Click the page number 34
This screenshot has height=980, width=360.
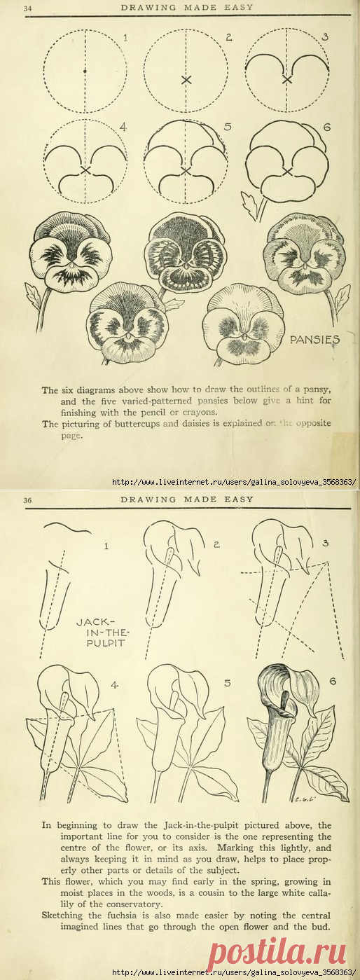point(9,8)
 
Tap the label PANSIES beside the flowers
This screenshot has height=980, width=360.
point(314,340)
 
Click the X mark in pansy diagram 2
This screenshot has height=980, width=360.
point(186,80)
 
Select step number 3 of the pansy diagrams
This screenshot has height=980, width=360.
point(325,36)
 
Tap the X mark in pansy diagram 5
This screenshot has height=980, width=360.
point(186,170)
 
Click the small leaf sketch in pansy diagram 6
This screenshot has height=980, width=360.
point(249,206)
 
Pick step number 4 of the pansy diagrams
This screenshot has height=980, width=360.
point(123,127)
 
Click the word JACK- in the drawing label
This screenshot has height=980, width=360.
point(91,621)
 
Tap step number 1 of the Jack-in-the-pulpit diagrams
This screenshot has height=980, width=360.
point(106,544)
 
